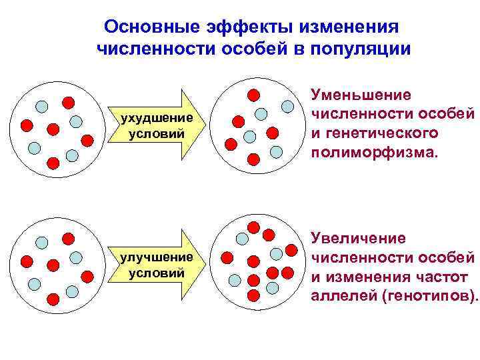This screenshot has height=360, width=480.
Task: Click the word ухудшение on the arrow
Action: tap(151, 118)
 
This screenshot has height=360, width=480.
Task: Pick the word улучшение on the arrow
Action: tap(153, 257)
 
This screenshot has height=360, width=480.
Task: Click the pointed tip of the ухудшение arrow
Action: tap(200, 125)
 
